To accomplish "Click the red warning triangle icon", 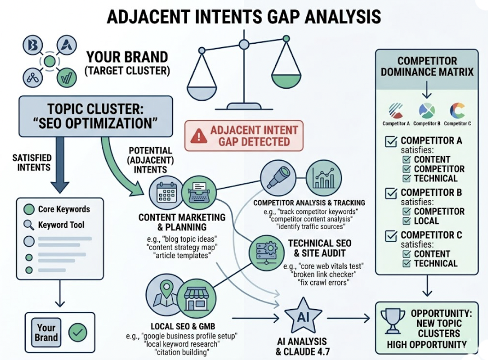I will click(199, 136).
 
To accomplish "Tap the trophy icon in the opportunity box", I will click(393, 320).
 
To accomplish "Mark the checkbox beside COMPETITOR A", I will click(392, 141).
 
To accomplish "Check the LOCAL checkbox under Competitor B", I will click(406, 221).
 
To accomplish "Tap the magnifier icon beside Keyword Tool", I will click(28, 225).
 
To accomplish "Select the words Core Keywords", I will click(63, 209).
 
